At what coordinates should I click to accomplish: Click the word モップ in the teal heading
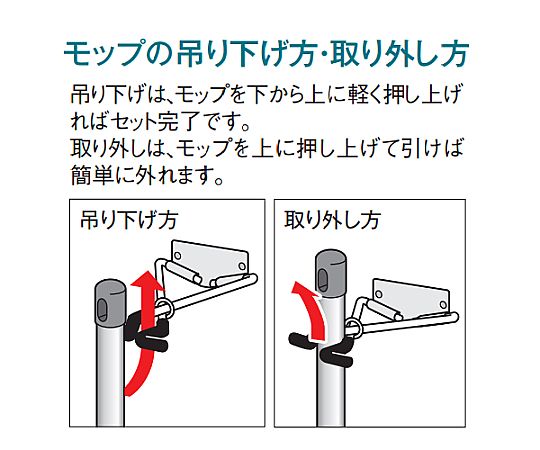[x=104, y=54]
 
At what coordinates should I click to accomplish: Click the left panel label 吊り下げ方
[x=129, y=220]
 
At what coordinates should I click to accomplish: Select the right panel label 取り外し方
[x=332, y=220]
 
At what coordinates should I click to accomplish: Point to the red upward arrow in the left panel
[x=146, y=331]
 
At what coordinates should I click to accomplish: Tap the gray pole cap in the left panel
[x=111, y=302]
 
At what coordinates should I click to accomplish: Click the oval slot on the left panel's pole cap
[x=103, y=309]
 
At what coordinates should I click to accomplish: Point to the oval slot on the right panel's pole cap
[x=323, y=278]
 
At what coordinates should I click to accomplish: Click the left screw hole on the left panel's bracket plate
[x=178, y=256]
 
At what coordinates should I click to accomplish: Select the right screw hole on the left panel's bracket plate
[x=242, y=266]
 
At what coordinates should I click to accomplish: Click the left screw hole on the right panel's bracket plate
[x=379, y=294]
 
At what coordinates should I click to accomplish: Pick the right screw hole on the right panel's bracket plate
[x=443, y=305]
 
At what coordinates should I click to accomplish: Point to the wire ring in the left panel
[x=164, y=309]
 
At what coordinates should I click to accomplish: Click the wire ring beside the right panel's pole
[x=353, y=328]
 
